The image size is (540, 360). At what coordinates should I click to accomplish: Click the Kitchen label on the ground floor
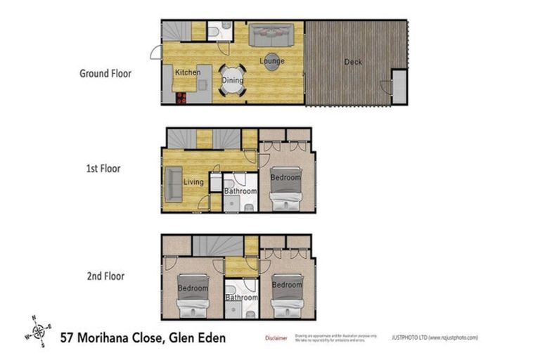(x=188, y=72)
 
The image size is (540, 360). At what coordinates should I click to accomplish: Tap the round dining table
(x=233, y=79)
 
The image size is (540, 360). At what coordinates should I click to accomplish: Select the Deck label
(x=353, y=62)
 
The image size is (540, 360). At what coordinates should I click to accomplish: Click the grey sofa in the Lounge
(x=271, y=34)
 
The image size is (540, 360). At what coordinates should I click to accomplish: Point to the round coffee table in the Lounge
(x=271, y=61)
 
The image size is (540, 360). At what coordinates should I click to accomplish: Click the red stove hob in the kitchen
(x=181, y=98)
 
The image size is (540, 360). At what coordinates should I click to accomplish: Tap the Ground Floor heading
(x=105, y=73)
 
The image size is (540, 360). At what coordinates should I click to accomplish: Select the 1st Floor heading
(x=103, y=169)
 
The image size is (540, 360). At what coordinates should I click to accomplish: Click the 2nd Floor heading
(x=105, y=276)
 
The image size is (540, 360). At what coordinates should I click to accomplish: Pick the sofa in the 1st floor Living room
(x=174, y=184)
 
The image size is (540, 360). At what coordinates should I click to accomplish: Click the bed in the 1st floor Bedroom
(x=287, y=186)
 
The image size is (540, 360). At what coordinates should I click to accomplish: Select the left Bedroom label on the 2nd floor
(x=193, y=288)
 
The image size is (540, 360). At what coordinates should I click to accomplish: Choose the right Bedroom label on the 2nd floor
(x=288, y=285)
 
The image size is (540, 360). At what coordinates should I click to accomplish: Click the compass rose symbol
(x=39, y=330)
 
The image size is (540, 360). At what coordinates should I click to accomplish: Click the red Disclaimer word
(x=276, y=338)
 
